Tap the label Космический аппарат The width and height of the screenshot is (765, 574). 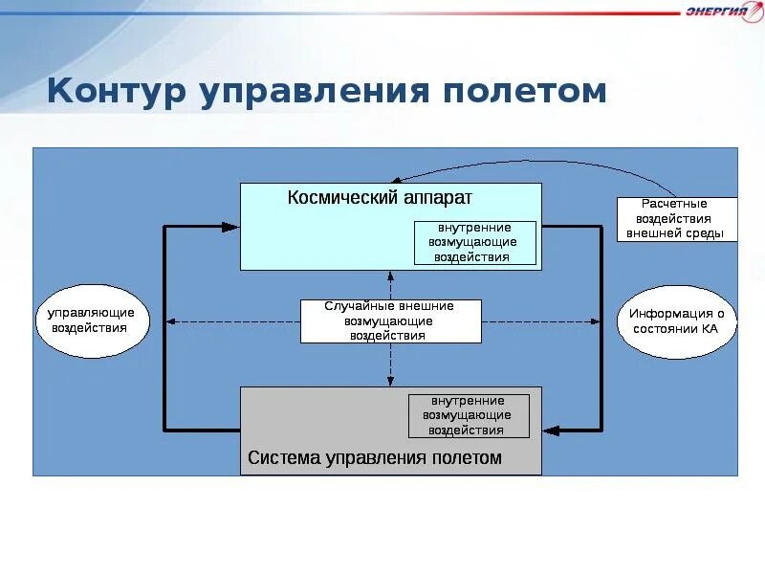pyautogui.click(x=380, y=197)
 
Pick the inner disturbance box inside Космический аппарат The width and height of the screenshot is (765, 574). pyautogui.click(x=475, y=243)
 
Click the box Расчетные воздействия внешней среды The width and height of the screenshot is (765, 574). pyautogui.click(x=676, y=219)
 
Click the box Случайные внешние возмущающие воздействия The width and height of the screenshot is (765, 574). pyautogui.click(x=390, y=321)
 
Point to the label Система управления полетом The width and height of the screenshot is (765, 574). pyautogui.click(x=375, y=457)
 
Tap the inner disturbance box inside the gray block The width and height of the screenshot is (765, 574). pyautogui.click(x=469, y=415)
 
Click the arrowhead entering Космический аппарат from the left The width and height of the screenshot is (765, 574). pyautogui.click(x=230, y=227)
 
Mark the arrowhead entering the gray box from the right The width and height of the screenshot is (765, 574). pyautogui.click(x=551, y=430)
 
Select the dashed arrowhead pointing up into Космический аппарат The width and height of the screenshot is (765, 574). pyautogui.click(x=390, y=276)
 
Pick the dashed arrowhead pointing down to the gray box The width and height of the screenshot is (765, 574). pyautogui.click(x=390, y=381)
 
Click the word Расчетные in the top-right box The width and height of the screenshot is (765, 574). pyautogui.click(x=676, y=204)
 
